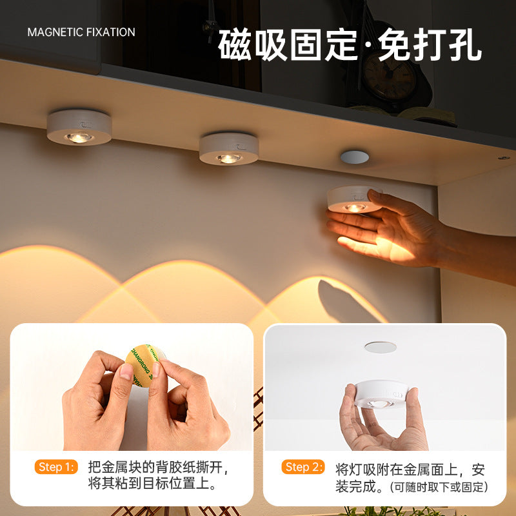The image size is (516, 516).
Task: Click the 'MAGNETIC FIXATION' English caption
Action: tap(81, 32)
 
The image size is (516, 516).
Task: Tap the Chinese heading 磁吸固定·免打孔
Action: tap(350, 45)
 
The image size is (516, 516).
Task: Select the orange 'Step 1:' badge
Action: tap(56, 466)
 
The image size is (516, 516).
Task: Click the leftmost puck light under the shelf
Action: tap(79, 127)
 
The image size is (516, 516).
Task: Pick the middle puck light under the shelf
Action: tap(228, 148)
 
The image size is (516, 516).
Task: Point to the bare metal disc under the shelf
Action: tap(354, 157)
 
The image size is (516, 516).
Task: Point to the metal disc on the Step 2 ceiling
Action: tap(381, 347)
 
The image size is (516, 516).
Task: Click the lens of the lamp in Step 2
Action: tap(381, 403)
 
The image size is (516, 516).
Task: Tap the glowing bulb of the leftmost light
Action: tap(79, 137)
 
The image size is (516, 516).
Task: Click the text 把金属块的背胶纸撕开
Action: tap(158, 466)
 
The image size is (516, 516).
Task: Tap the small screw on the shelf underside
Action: tap(502, 157)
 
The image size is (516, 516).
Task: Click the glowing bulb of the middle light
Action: tap(228, 158)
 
